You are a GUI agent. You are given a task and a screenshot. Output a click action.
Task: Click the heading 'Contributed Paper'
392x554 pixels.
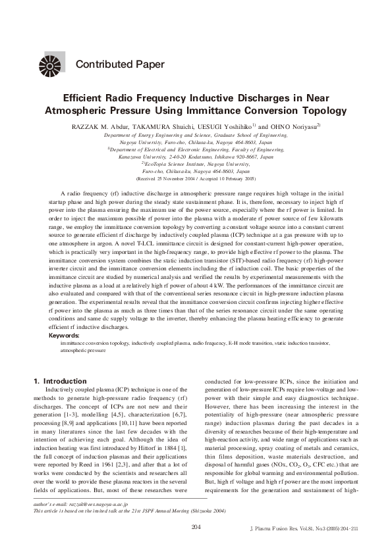pos(120,64)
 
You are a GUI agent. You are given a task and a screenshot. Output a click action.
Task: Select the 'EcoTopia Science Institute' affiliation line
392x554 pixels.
pos(196,164)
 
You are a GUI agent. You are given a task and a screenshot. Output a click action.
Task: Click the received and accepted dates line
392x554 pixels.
pos(196,178)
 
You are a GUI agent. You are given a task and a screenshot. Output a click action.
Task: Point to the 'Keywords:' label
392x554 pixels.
pos(65,336)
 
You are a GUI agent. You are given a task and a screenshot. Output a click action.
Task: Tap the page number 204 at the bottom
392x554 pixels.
pos(196,526)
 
